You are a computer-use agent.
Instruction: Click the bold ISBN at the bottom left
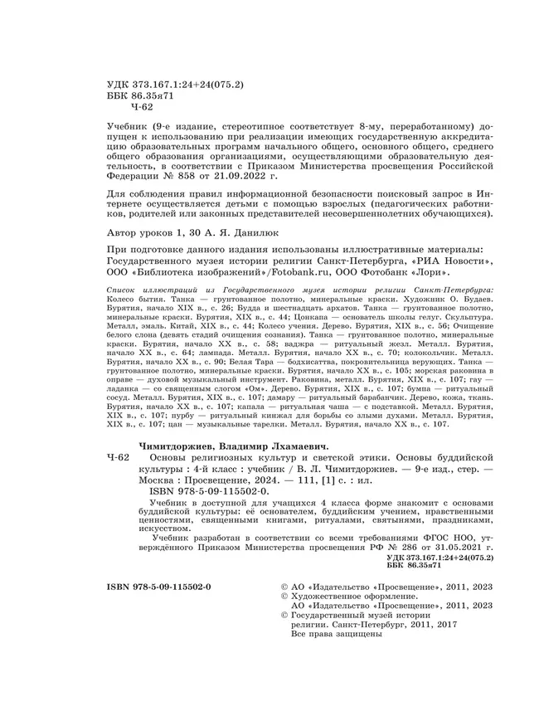tap(160, 587)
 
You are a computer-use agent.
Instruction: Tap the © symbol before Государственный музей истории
tap(286, 616)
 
